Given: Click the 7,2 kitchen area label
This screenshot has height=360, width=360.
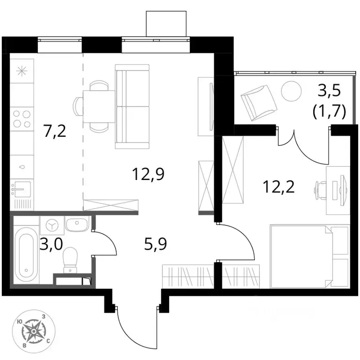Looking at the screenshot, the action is (55, 132).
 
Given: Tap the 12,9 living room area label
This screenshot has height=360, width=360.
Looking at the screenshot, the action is (148, 174).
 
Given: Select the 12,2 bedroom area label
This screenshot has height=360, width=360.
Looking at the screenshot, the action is (278, 187).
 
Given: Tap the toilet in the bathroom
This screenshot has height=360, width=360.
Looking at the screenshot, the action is (70, 260).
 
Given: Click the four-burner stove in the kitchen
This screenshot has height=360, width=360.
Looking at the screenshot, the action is (22, 119).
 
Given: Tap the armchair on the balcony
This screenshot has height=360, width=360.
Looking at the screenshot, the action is (258, 103).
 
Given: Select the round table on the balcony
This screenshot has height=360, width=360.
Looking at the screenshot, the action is (291, 91).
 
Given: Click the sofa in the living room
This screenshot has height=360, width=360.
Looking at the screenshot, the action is (132, 106).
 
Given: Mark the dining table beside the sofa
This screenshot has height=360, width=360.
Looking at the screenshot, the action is (99, 106).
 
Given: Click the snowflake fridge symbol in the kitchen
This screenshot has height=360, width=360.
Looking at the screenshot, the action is (22, 71).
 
